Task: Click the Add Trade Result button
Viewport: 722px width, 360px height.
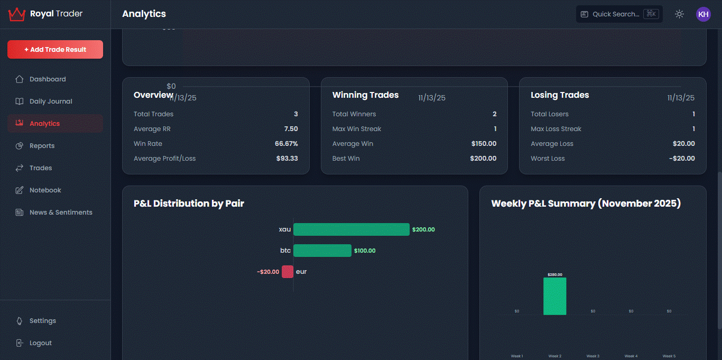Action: click(55, 49)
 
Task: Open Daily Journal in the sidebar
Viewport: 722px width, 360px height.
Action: click(51, 101)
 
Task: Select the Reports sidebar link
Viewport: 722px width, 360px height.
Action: click(42, 146)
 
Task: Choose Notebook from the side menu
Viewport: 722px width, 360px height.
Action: click(45, 190)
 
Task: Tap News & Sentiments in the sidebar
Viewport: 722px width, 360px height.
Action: click(60, 213)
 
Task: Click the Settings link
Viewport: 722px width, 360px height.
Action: click(42, 321)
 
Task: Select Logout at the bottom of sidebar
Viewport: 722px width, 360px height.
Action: click(40, 343)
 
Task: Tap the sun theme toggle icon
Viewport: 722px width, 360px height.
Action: click(680, 14)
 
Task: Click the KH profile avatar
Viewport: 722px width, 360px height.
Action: click(704, 14)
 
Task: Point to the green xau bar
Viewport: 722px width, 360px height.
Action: click(351, 229)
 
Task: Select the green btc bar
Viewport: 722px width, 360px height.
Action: click(322, 251)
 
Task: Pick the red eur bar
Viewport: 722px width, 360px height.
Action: click(288, 272)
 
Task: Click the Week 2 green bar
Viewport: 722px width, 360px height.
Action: click(554, 296)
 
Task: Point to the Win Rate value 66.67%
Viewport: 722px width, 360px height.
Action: click(286, 144)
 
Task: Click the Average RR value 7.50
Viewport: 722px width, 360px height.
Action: click(291, 129)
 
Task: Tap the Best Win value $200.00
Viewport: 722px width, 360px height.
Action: click(483, 159)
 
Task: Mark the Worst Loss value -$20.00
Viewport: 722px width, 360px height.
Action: click(681, 159)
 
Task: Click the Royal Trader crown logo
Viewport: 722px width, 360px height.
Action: click(17, 14)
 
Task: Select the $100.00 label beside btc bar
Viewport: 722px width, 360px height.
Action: click(365, 251)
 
